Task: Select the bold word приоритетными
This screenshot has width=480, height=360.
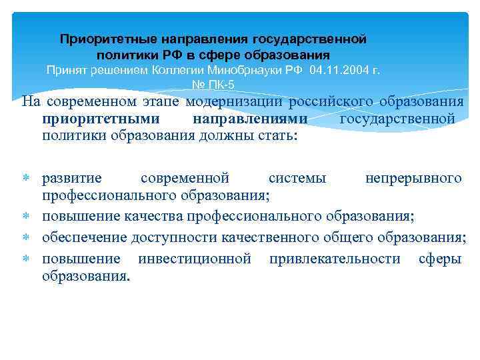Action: click(x=101, y=119)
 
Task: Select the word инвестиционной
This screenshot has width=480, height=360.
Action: click(x=194, y=258)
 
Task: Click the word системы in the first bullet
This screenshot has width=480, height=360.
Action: click(x=297, y=178)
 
